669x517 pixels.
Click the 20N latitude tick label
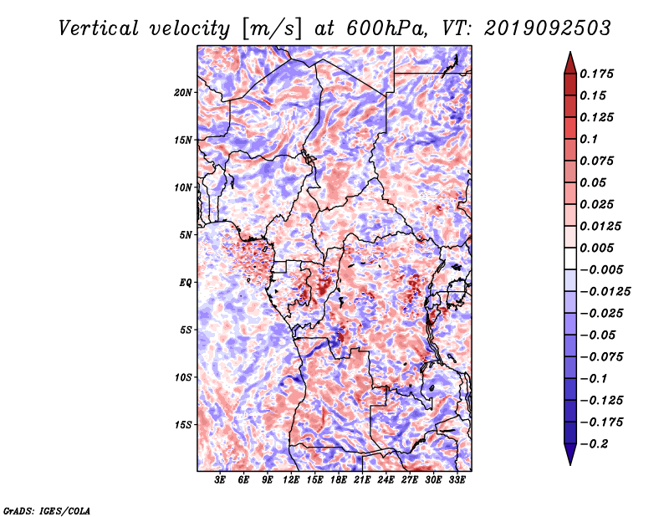tap(183, 93)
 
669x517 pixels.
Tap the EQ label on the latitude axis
tap(186, 283)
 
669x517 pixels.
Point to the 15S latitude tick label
tap(183, 425)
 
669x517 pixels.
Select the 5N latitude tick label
tap(186, 235)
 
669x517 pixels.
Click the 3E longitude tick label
tap(220, 480)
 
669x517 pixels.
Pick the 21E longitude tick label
tap(362, 480)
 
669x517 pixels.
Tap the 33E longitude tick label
tap(457, 480)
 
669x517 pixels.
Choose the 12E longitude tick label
tap(291, 480)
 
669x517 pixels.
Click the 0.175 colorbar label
tap(596, 74)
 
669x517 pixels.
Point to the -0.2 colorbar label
tap(594, 444)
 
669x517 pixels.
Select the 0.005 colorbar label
tap(596, 248)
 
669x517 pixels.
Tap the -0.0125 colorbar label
tap(605, 292)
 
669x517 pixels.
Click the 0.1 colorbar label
tap(589, 139)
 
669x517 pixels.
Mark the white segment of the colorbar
tap(570, 258)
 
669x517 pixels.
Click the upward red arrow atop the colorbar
tap(570, 63)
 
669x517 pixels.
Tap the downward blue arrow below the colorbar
tap(570, 454)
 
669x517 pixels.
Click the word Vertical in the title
tap(99, 29)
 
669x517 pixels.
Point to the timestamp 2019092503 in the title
tap(548, 28)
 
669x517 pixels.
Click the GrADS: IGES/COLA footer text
tap(47, 510)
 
